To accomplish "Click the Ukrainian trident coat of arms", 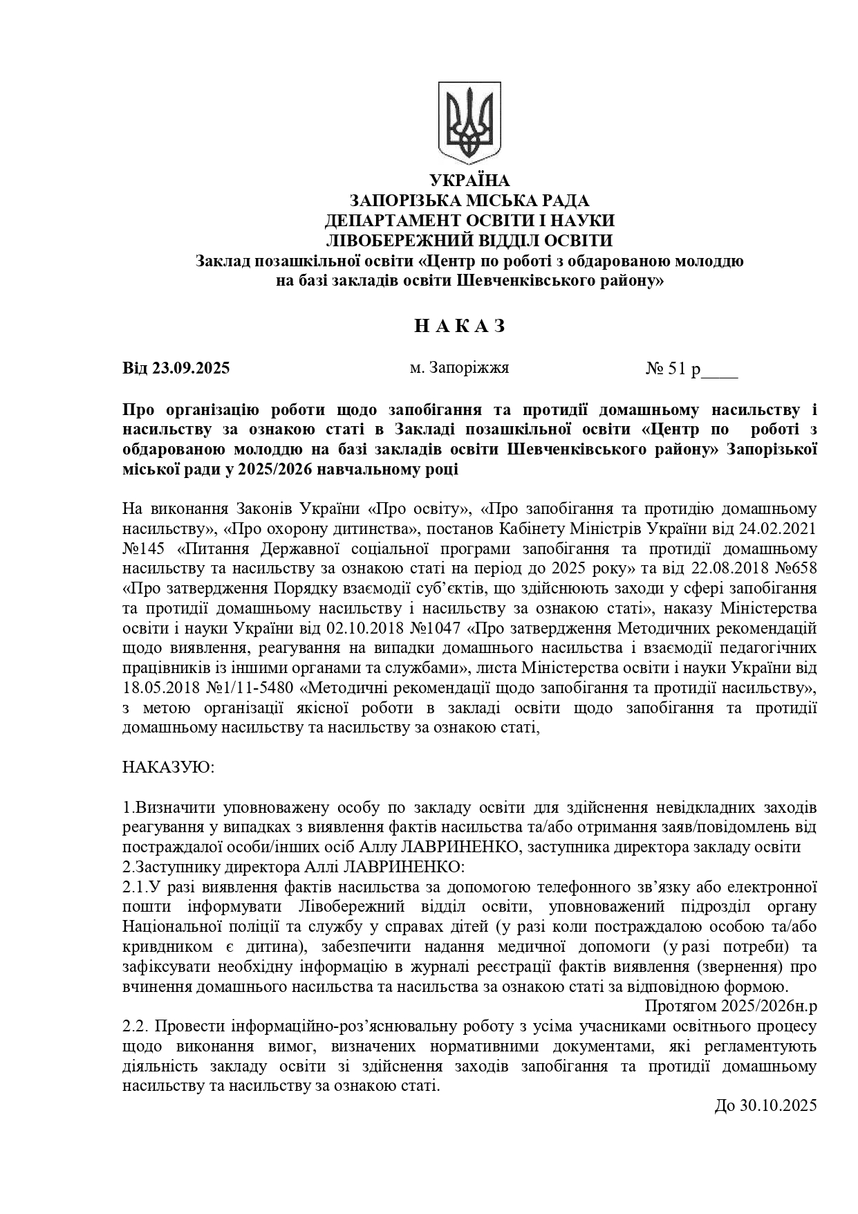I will [x=469, y=122].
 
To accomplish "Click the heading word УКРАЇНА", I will [x=469, y=181].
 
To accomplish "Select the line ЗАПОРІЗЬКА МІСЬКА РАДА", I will [x=469, y=201].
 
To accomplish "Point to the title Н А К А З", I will [x=460, y=326].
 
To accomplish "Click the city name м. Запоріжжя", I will [x=459, y=367].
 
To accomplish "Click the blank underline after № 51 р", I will [x=720, y=374].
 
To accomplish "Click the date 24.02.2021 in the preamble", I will [x=776, y=529].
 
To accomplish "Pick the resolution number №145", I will [x=147, y=549].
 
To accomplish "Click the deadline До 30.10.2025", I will [x=765, y=1105].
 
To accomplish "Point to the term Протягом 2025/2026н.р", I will [x=731, y=1005].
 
